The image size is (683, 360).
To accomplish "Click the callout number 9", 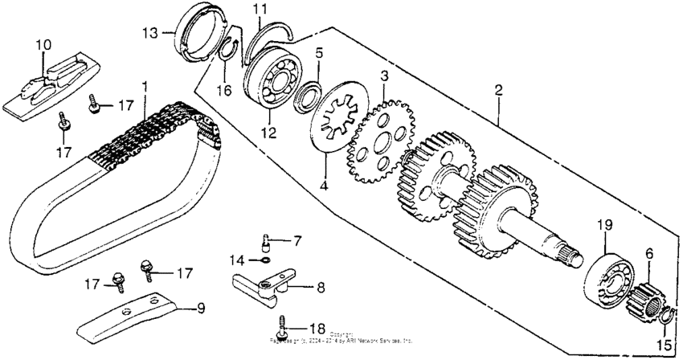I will click(x=201, y=307).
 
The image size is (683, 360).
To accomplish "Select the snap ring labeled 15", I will click(x=661, y=323).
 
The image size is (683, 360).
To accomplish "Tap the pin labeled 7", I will click(x=269, y=240).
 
